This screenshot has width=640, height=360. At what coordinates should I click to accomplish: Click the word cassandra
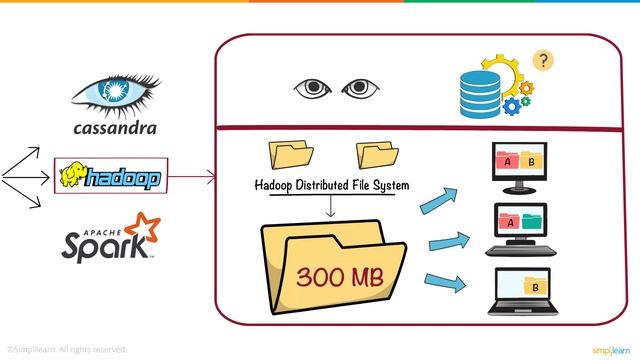[x=115, y=129]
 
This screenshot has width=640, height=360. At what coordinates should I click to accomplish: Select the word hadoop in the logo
[x=122, y=178]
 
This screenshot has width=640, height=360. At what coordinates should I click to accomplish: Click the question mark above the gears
[x=543, y=59]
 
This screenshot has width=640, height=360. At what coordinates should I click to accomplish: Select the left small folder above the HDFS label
[x=291, y=154]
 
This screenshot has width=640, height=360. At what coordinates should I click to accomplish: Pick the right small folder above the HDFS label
[x=378, y=154]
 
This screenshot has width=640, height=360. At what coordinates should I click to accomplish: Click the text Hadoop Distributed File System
[x=334, y=185]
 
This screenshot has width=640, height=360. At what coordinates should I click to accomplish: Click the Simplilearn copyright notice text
[x=66, y=349]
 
